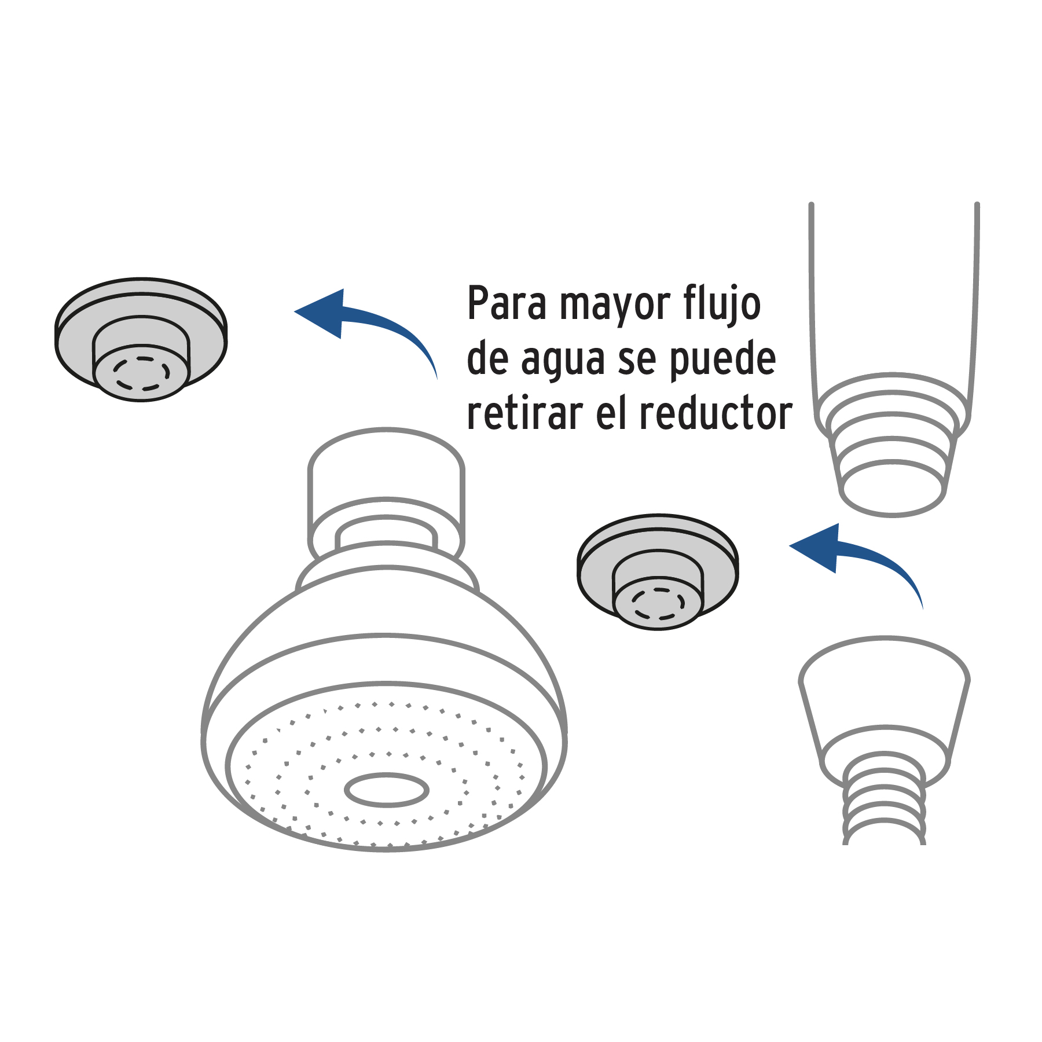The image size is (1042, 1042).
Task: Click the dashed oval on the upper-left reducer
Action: click(x=141, y=373)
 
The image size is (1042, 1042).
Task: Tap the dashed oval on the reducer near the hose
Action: click(x=658, y=604)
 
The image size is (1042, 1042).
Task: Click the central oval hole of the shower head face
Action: click(x=387, y=789)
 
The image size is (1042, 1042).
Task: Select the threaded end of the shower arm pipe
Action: click(x=893, y=463)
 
